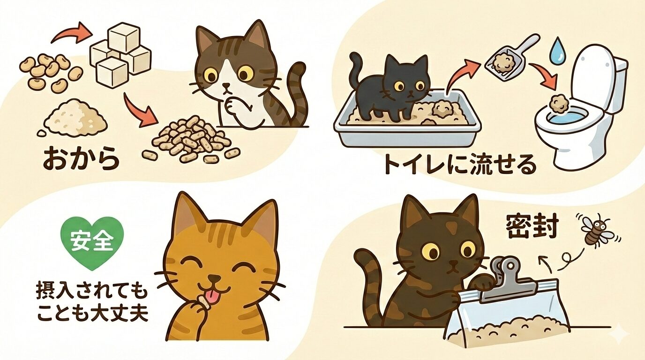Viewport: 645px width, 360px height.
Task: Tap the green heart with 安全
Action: tap(92, 242)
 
